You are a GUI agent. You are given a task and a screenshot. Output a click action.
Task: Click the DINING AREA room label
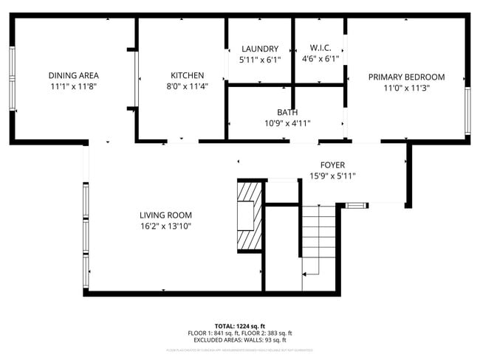(x=73, y=75)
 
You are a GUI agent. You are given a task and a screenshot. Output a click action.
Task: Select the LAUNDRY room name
(x=259, y=49)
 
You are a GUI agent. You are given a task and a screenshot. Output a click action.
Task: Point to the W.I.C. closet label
(x=320, y=49)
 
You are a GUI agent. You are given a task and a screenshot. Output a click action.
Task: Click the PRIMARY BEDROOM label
(x=406, y=77)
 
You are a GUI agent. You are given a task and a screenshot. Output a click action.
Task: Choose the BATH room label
(x=287, y=112)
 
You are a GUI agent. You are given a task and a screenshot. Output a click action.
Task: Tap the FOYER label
(x=332, y=165)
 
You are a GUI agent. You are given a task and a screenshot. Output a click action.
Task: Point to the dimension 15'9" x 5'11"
(x=332, y=176)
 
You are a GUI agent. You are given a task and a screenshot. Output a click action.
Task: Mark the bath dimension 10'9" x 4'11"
(x=287, y=123)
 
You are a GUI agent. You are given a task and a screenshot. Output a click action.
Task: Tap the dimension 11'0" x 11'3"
(x=406, y=88)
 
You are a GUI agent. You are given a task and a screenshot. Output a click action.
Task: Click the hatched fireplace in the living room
(x=248, y=216)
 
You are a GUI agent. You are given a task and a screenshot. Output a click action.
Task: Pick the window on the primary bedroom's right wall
(x=467, y=111)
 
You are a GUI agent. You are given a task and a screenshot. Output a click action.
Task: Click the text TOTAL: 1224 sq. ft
(x=239, y=325)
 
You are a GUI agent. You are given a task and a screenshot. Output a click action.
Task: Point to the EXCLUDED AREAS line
(x=239, y=340)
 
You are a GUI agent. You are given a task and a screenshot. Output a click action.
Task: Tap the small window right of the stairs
(x=355, y=205)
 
